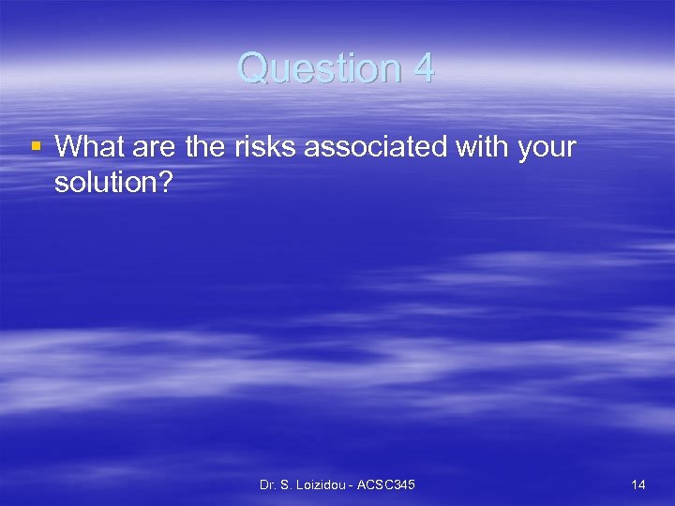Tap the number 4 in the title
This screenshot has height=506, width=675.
pyautogui.click(x=423, y=68)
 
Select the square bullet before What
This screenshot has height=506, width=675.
pyautogui.click(x=35, y=146)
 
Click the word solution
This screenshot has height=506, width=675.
pyautogui.click(x=106, y=183)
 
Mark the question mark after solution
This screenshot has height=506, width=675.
pyautogui.click(x=166, y=183)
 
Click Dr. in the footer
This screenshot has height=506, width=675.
pyautogui.click(x=269, y=484)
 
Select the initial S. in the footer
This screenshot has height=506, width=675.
pyautogui.click(x=290, y=484)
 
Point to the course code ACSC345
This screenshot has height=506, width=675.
pyautogui.click(x=387, y=484)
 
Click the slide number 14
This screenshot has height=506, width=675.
pyautogui.click(x=638, y=484)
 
